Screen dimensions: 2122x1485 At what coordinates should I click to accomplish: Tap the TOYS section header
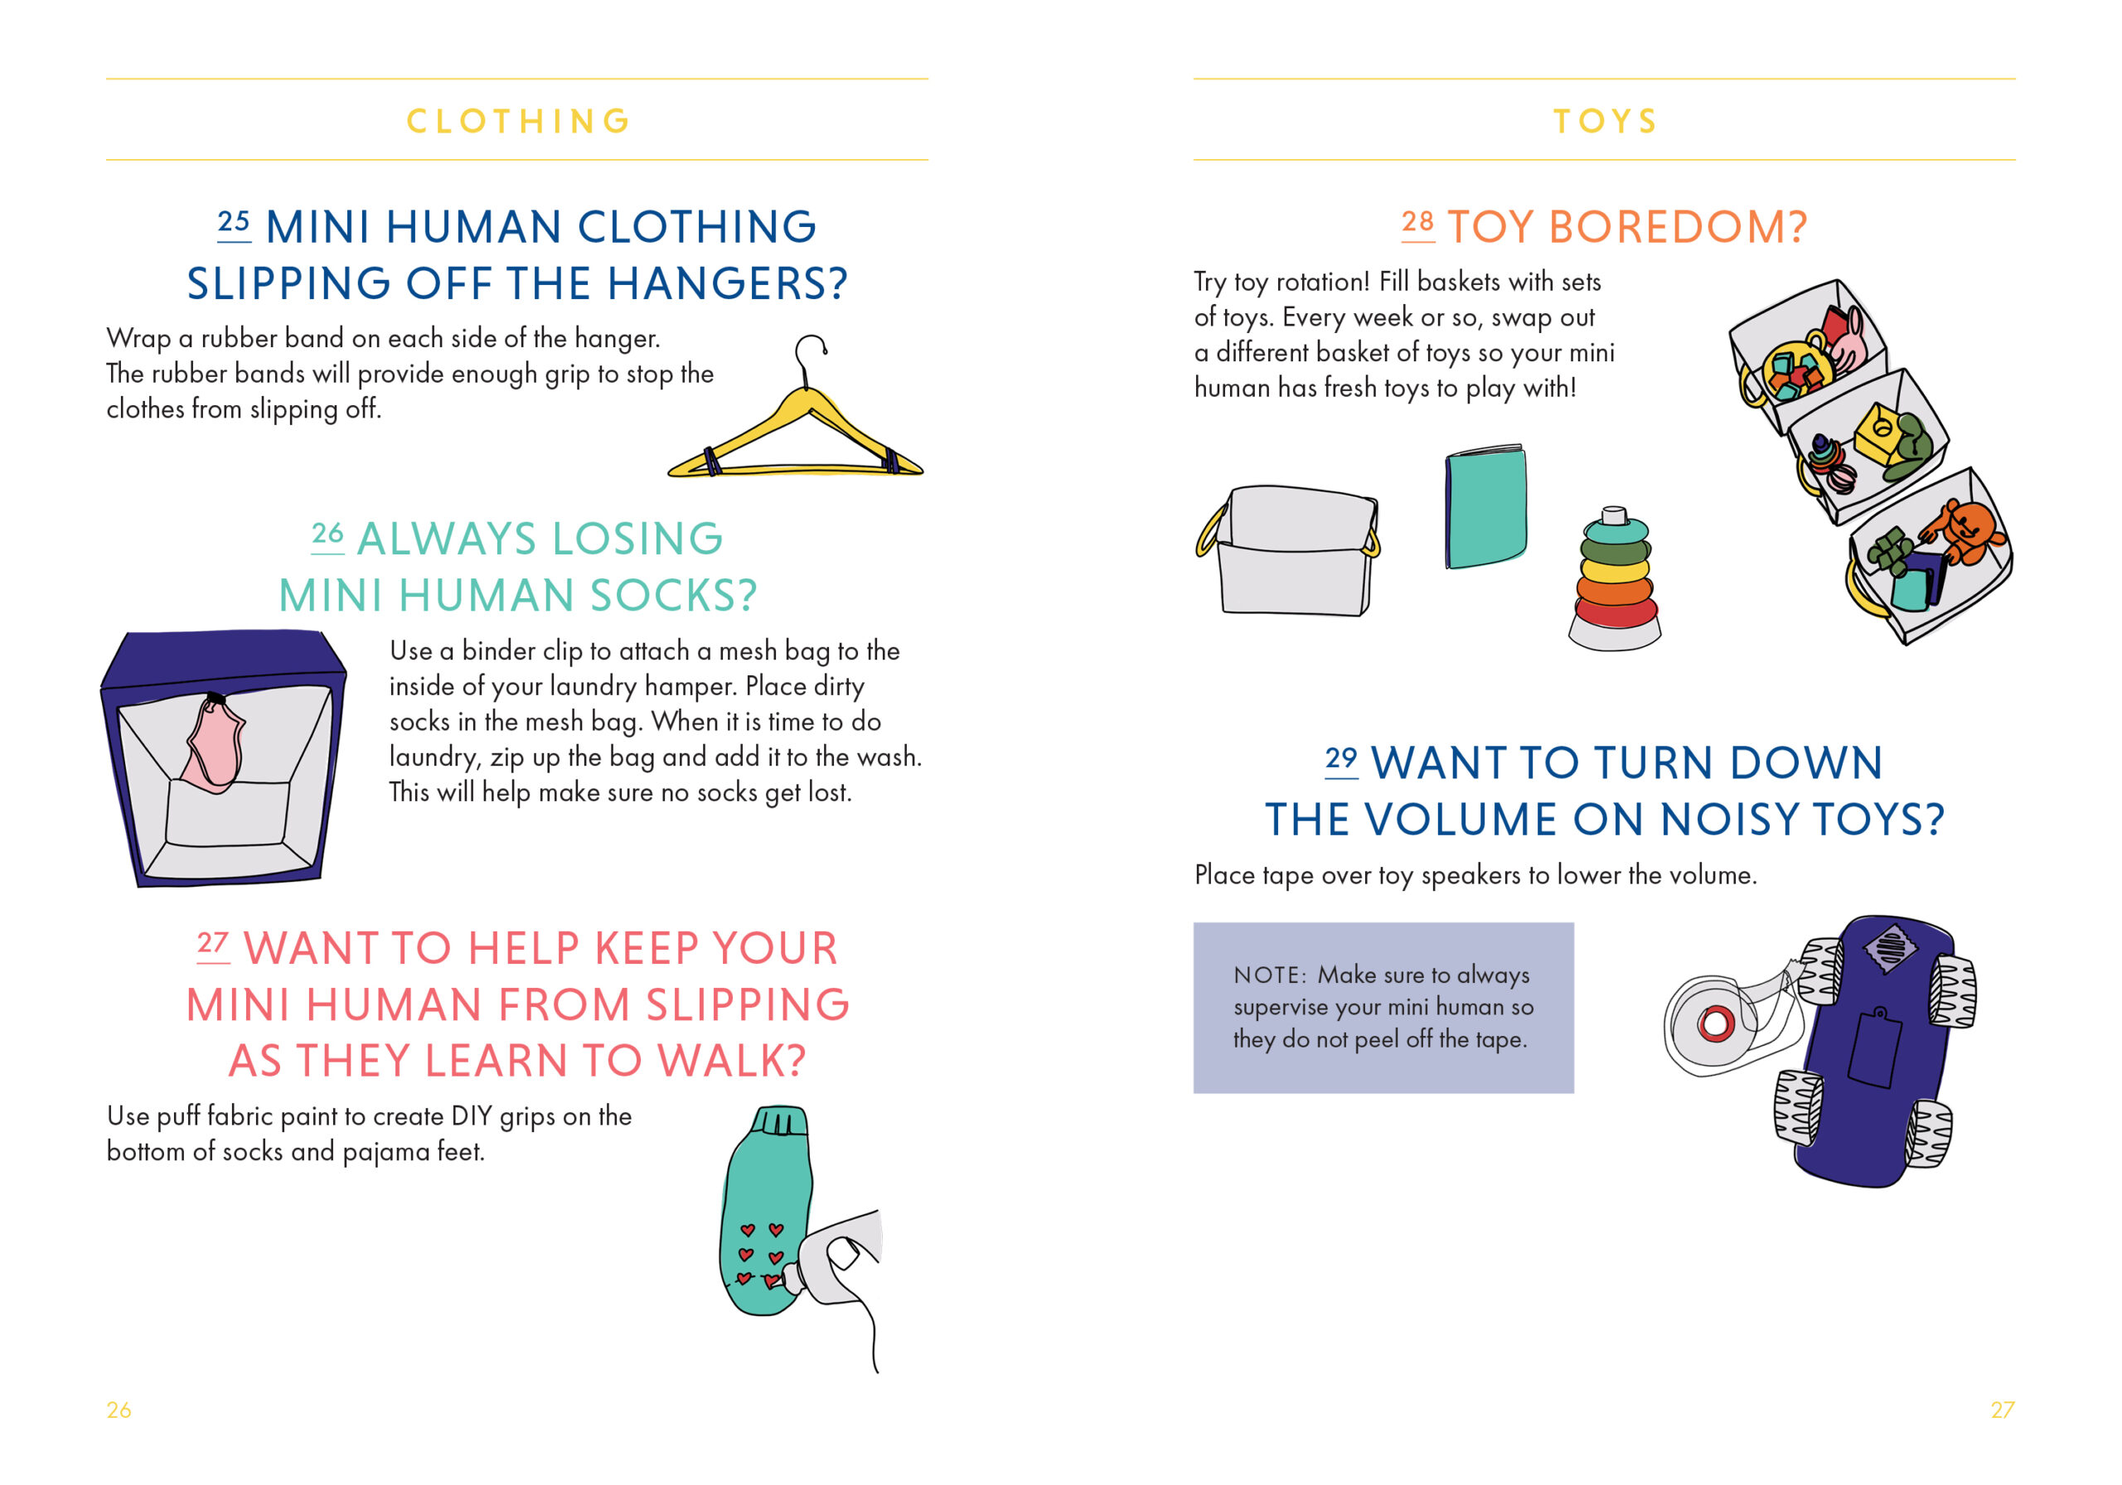[x=1605, y=121]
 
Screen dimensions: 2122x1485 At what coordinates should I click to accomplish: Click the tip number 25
[x=234, y=222]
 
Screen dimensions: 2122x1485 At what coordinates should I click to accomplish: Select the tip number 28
[x=1417, y=222]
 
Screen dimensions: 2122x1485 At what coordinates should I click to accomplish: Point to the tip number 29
[x=1341, y=759]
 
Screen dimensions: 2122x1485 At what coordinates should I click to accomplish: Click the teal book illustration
[x=1485, y=506]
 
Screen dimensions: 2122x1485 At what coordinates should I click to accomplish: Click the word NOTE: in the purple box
[x=1270, y=975]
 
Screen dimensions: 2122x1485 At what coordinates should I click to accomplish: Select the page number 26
[x=119, y=1410]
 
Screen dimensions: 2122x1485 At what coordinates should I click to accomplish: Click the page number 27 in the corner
[x=2002, y=1410]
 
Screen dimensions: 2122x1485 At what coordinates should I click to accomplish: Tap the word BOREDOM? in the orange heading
[x=1678, y=227]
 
